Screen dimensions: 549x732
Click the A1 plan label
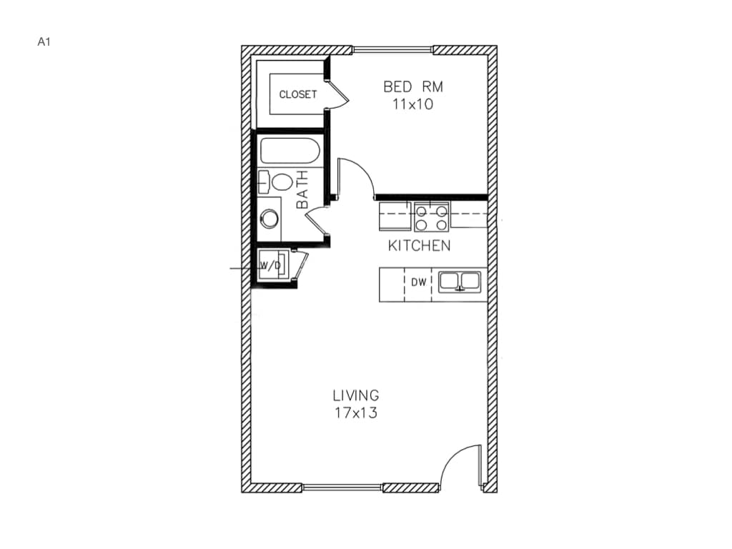pos(44,41)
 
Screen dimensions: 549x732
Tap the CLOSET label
pos(297,94)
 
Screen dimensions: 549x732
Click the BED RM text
pos(412,87)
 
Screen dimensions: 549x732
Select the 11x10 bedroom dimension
pos(412,104)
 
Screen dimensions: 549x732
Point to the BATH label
pos(302,189)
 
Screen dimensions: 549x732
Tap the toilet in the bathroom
pos(276,182)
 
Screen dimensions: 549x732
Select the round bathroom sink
pos(269,218)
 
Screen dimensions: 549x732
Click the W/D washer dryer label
pos(269,266)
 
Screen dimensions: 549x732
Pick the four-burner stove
pos(432,217)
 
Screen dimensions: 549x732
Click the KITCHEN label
pos(419,246)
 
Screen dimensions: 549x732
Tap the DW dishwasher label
pos(418,282)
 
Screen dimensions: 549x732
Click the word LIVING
pos(355,395)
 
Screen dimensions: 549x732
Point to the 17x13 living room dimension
pos(355,412)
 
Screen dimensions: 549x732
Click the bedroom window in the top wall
pos(392,50)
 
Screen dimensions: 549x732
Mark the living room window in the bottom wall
pos(342,488)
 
